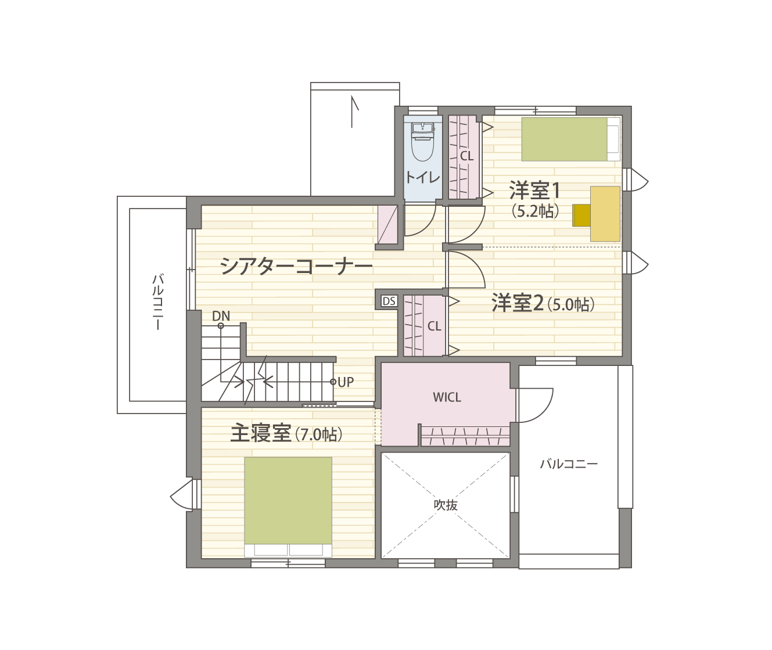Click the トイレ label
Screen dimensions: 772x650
click(423, 178)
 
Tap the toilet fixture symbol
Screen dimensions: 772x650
click(423, 142)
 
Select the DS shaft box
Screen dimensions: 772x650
click(389, 301)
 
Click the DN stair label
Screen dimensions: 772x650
click(221, 316)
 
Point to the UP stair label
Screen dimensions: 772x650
click(346, 382)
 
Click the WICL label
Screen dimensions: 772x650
click(447, 397)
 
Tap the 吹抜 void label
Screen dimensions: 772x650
click(446, 505)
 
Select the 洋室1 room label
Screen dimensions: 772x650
click(534, 191)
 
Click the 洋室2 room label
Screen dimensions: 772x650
click(518, 303)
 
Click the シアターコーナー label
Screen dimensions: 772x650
click(296, 266)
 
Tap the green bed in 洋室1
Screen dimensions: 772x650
click(564, 139)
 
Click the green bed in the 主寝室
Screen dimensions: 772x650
click(288, 501)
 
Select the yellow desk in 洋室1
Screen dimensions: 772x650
click(605, 214)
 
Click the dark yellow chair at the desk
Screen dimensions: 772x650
click(581, 216)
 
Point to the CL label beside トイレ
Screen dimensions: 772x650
click(466, 156)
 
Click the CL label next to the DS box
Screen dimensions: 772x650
click(434, 326)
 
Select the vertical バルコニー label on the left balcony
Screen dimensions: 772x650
click(158, 302)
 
